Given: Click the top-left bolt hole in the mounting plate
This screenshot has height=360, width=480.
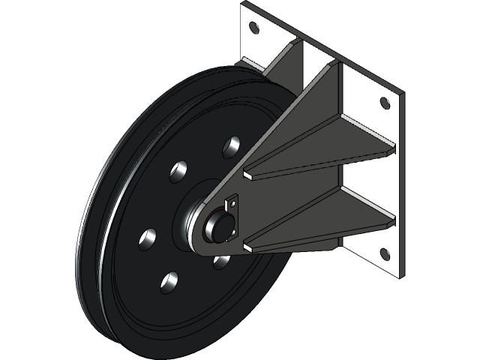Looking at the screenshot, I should point(253,28).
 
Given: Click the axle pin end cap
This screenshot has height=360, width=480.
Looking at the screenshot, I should point(218,226).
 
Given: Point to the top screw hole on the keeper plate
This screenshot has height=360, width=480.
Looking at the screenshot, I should point(232,202).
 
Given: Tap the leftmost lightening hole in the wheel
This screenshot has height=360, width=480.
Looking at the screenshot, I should point(147,240).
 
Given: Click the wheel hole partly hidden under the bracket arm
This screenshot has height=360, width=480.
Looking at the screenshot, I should point(222,262).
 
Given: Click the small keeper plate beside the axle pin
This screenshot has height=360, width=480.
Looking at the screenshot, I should point(234,217).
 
